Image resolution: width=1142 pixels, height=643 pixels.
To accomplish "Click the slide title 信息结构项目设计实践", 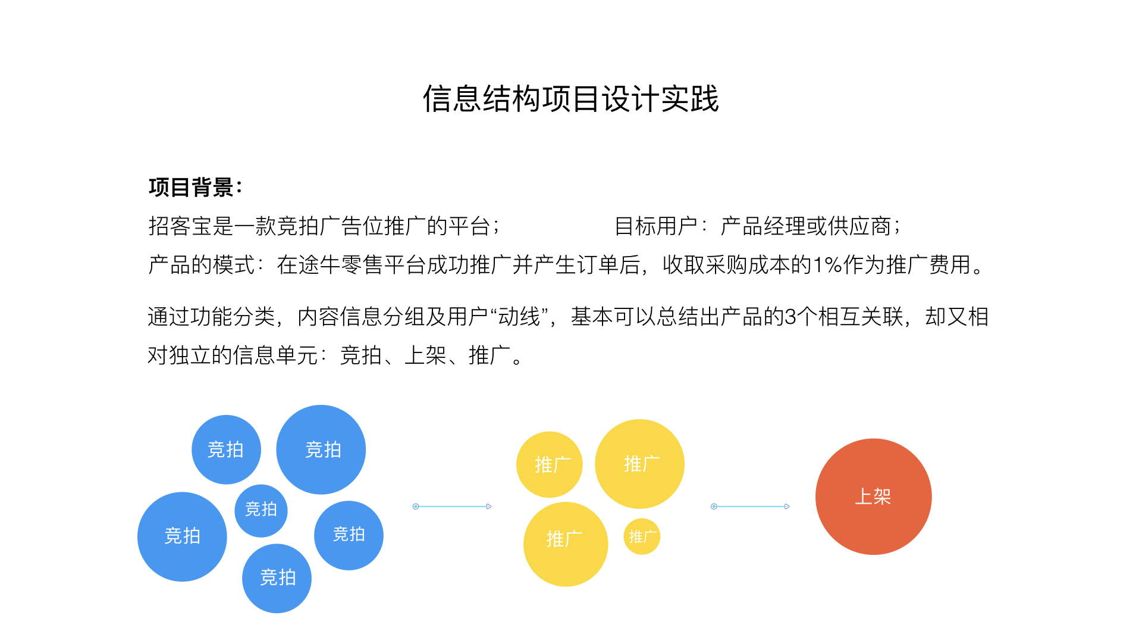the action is click(571, 98).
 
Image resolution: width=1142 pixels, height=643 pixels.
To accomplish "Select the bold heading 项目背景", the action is click(191, 187).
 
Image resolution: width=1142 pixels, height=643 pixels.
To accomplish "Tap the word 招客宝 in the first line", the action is click(180, 226).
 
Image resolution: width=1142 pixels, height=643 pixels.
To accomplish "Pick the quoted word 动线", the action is click(519, 317).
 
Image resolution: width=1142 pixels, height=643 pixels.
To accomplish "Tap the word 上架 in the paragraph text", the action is click(425, 355).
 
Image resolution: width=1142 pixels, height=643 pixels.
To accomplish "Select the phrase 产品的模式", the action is click(202, 265).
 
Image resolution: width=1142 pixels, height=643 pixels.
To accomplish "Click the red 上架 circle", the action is click(873, 497).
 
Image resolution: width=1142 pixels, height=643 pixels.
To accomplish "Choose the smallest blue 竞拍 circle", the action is click(261, 510).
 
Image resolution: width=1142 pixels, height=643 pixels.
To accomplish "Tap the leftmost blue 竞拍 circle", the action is click(182, 536).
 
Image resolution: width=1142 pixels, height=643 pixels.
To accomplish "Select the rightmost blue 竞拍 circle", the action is click(349, 535).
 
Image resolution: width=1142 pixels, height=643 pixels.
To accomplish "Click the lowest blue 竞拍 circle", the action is click(277, 578).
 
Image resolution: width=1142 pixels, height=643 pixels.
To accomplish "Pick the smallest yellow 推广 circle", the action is click(642, 536).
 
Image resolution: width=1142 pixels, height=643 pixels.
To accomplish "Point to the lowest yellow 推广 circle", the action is click(566, 544).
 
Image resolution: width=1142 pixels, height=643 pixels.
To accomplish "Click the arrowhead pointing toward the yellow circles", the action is click(489, 507).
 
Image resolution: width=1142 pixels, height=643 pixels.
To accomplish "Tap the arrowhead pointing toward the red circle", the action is click(787, 507).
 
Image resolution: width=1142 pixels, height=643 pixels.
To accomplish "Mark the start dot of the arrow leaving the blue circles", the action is click(416, 507).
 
